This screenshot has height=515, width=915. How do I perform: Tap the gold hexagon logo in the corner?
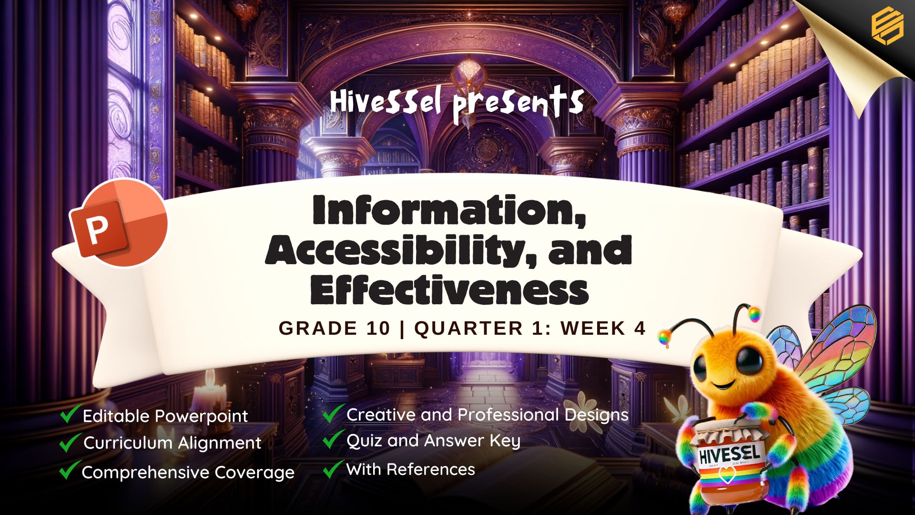click(x=887, y=27)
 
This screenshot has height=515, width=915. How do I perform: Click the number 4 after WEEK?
click(x=639, y=329)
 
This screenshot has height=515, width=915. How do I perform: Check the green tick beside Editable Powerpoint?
click(x=70, y=414)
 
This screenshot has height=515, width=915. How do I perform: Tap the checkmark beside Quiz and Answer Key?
click(x=333, y=439)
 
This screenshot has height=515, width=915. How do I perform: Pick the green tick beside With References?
click(x=333, y=469)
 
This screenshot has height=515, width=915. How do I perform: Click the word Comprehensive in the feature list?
click(x=145, y=473)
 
